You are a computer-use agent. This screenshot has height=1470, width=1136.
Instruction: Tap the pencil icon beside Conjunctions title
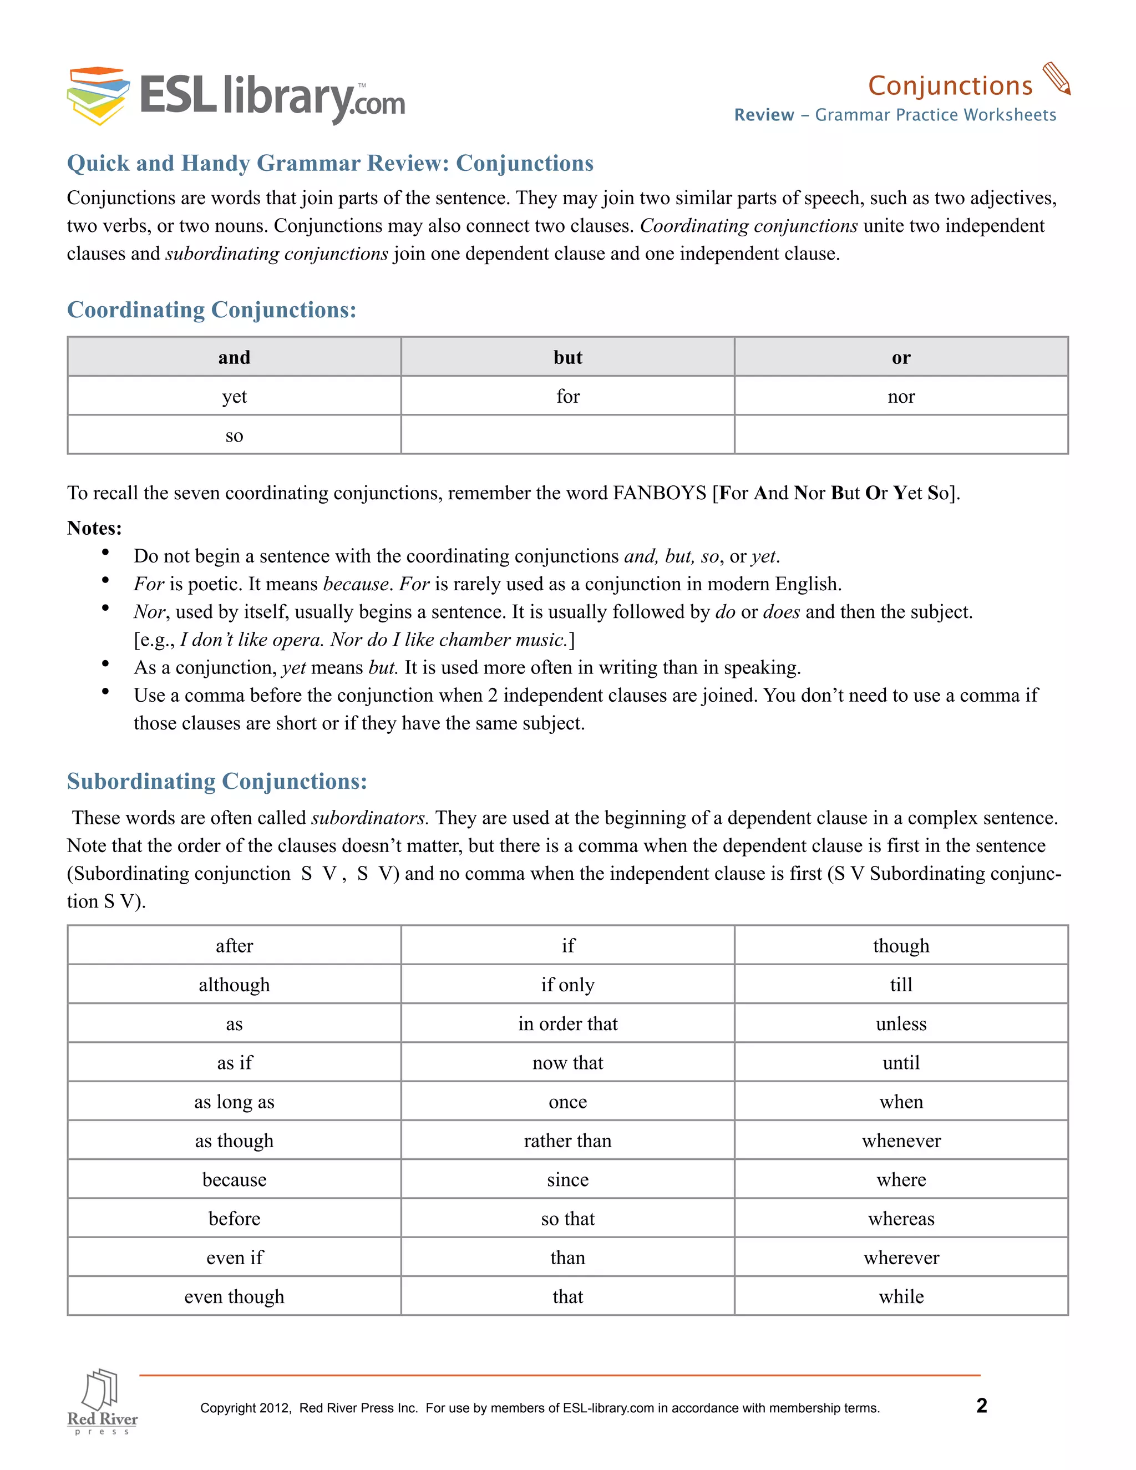coord(1056,79)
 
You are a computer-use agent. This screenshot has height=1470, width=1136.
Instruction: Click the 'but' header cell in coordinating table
coord(567,357)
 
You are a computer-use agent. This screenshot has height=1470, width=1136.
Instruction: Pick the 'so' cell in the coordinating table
coord(234,435)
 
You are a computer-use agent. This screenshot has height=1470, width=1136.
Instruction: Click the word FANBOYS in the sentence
coord(659,493)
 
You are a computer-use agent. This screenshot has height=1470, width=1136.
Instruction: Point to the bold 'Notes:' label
coord(94,528)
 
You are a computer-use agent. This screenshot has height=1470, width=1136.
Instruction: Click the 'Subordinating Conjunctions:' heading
coord(217,782)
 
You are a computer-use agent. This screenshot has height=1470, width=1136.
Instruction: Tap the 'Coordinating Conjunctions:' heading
coord(211,310)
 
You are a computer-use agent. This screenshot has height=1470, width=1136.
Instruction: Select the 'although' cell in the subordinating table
coord(234,985)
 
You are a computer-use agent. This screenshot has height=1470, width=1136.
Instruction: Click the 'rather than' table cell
coord(567,1141)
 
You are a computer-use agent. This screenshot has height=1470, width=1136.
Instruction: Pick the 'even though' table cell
coord(234,1297)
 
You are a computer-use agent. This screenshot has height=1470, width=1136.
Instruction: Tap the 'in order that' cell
coord(567,1024)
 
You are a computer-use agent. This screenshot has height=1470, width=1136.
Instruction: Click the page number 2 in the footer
coord(981,1406)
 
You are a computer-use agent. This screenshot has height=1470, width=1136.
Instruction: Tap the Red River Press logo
coord(102,1401)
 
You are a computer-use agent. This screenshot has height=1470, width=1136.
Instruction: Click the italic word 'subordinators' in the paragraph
coord(368,818)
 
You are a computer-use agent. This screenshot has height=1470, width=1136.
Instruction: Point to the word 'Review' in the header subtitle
coord(764,115)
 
